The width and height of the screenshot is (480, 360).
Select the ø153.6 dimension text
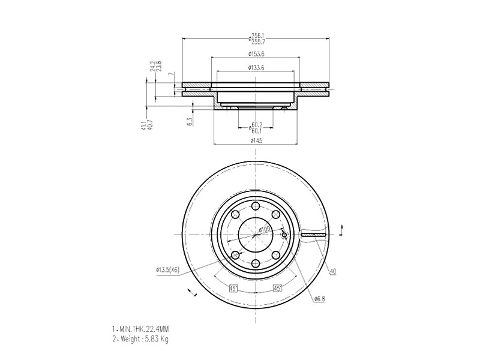tap(256, 55)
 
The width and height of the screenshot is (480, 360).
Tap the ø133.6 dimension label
tap(256, 67)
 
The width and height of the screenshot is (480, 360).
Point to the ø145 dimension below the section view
tap(256, 140)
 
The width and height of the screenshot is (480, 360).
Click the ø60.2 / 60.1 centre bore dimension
tap(256, 128)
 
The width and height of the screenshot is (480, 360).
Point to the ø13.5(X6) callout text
tap(168, 271)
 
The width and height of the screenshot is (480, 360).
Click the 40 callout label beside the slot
tap(333, 271)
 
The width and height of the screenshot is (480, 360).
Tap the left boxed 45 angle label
tap(233, 288)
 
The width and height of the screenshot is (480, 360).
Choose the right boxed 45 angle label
tap(277, 288)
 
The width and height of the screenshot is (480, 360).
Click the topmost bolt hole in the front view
tap(256, 206)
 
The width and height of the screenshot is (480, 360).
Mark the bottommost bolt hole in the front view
tap(256, 263)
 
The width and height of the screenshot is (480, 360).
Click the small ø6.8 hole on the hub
tap(284, 235)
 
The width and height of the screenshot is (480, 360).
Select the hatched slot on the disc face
tap(313, 235)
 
